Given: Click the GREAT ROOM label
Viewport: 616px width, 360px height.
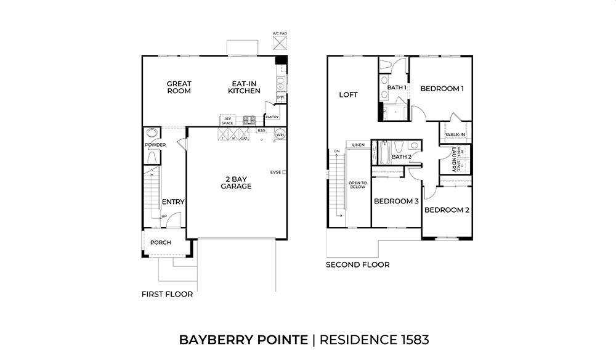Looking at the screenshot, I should pyautogui.click(x=179, y=87).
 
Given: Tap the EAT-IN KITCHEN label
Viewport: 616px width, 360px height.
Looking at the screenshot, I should pyautogui.click(x=244, y=87).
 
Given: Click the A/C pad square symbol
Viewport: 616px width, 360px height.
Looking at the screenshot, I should pyautogui.click(x=280, y=43).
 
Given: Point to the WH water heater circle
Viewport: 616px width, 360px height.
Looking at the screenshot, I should pyautogui.click(x=280, y=134).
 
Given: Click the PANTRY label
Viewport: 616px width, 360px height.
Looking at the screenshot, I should pyautogui.click(x=272, y=117).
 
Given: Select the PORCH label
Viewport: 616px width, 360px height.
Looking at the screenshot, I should pyautogui.click(x=160, y=242).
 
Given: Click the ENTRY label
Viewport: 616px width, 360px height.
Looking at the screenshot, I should pyautogui.click(x=173, y=202).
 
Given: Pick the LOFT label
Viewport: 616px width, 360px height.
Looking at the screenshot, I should pyautogui.click(x=349, y=95).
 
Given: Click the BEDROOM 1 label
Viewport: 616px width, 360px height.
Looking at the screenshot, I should pyautogui.click(x=442, y=89).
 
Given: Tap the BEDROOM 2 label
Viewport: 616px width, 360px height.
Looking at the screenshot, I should pyautogui.click(x=447, y=210).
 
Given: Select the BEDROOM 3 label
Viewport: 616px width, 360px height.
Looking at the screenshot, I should pyautogui.click(x=396, y=202).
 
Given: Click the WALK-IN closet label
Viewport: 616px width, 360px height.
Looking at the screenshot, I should pyautogui.click(x=455, y=134).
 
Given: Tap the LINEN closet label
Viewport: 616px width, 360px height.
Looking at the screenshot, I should pyautogui.click(x=359, y=145).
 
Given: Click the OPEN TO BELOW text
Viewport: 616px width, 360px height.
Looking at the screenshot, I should pyautogui.click(x=357, y=185).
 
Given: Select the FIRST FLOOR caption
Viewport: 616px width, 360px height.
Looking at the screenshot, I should pyautogui.click(x=167, y=294).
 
